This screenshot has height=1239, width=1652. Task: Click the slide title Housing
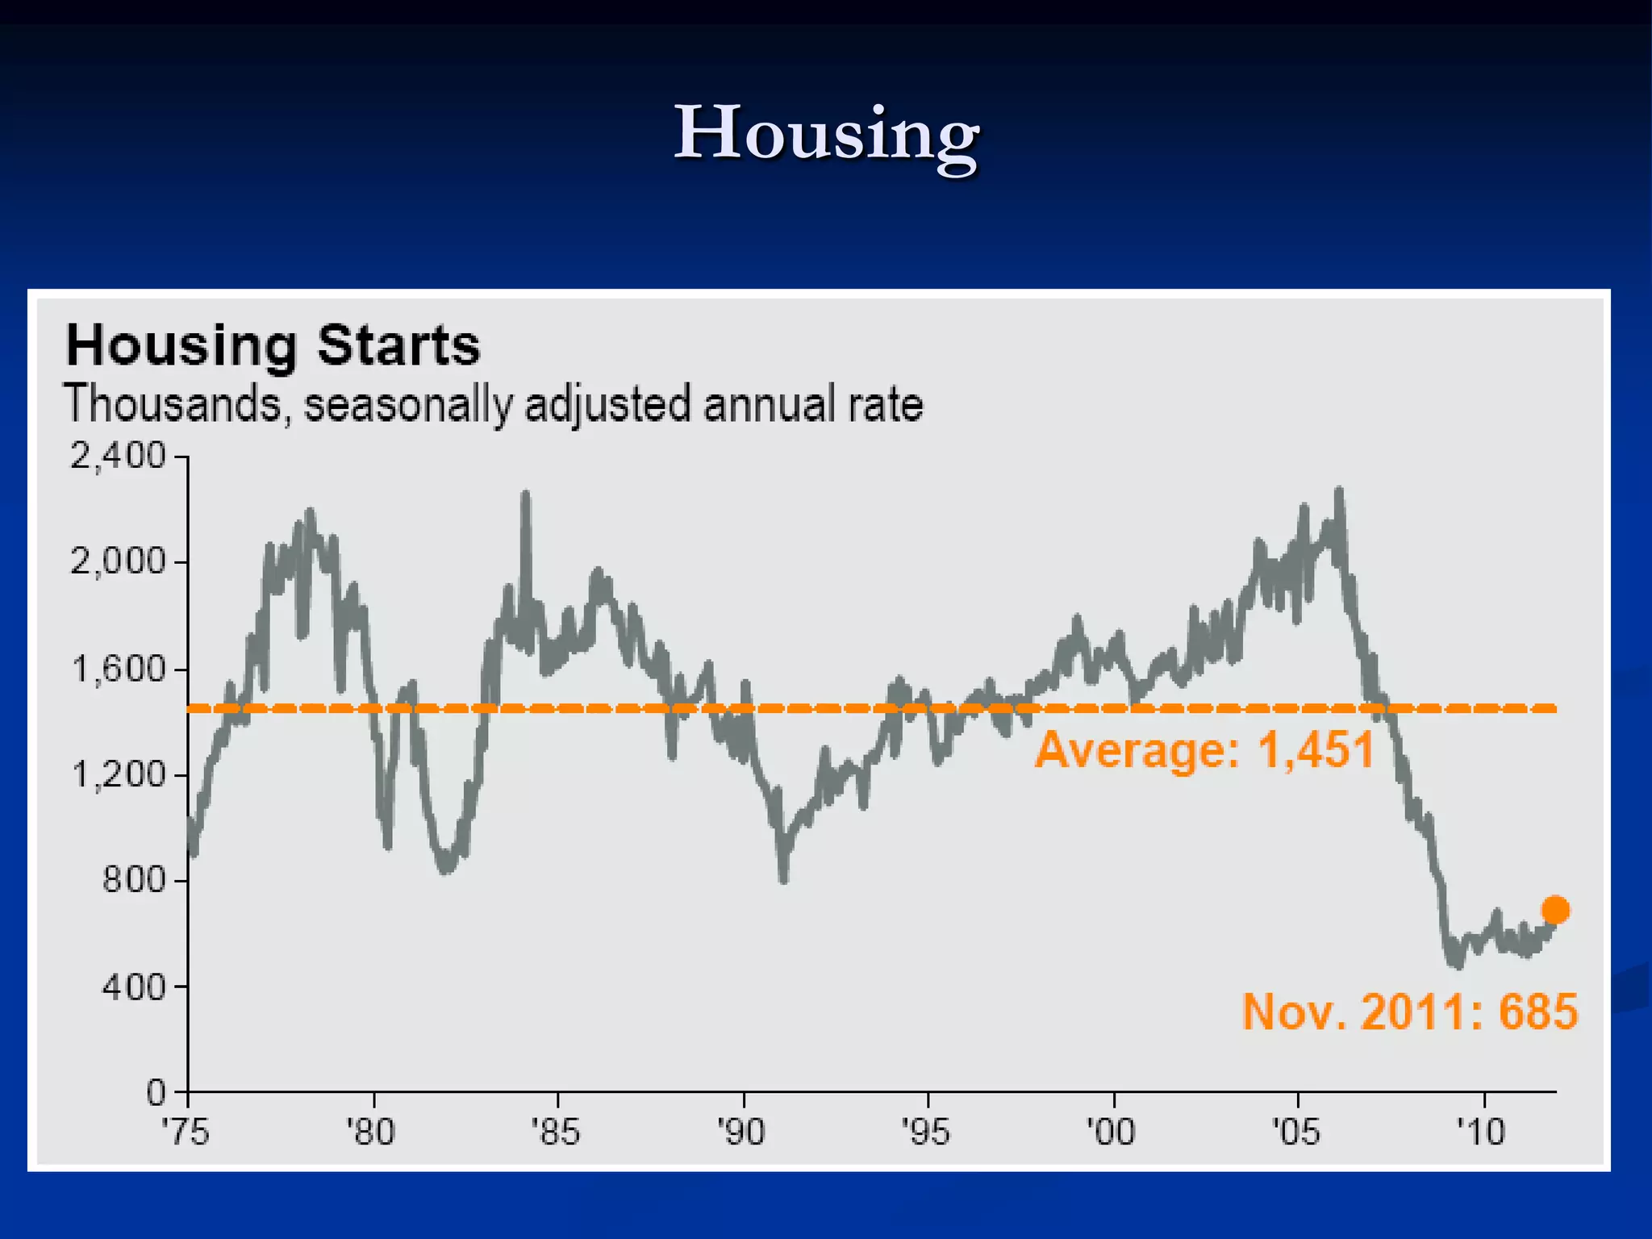click(x=826, y=134)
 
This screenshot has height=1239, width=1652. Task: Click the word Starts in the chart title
click(x=398, y=346)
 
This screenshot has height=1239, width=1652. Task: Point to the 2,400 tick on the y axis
click(x=118, y=457)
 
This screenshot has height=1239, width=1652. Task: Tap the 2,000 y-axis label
click(x=118, y=561)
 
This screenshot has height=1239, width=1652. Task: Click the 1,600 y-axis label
click(x=118, y=670)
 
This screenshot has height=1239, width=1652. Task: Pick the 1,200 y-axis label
click(x=118, y=775)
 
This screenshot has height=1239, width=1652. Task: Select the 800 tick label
click(x=133, y=880)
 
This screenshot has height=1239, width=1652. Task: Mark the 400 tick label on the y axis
click(x=133, y=987)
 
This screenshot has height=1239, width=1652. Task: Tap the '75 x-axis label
click(x=186, y=1133)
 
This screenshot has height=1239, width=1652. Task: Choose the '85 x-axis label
click(x=556, y=1133)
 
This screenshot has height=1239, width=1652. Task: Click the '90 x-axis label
click(x=741, y=1133)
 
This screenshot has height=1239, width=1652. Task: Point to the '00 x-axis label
click(x=1112, y=1133)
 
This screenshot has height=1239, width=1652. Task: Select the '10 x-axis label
click(x=1482, y=1133)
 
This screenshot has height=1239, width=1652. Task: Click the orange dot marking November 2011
click(x=1555, y=911)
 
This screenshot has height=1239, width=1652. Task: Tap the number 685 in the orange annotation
click(x=1537, y=1012)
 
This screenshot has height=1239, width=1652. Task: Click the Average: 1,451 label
click(x=1205, y=750)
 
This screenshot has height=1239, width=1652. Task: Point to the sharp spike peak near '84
click(x=526, y=494)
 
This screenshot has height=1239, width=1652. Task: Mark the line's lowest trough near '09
click(x=1458, y=964)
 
